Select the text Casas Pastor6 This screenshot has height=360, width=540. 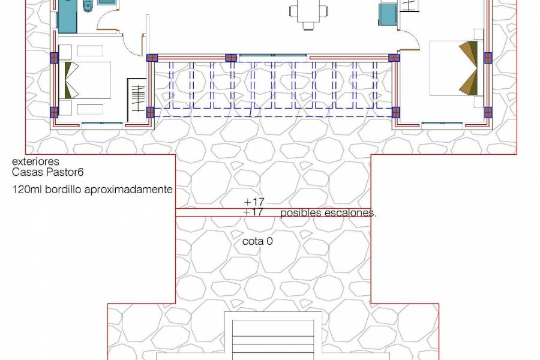pos(48,172)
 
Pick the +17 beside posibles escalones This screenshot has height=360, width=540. pos(254,212)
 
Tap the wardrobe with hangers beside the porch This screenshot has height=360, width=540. pos(137,97)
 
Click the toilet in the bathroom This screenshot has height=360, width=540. pos(88,7)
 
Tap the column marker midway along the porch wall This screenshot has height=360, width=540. pos(230,58)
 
